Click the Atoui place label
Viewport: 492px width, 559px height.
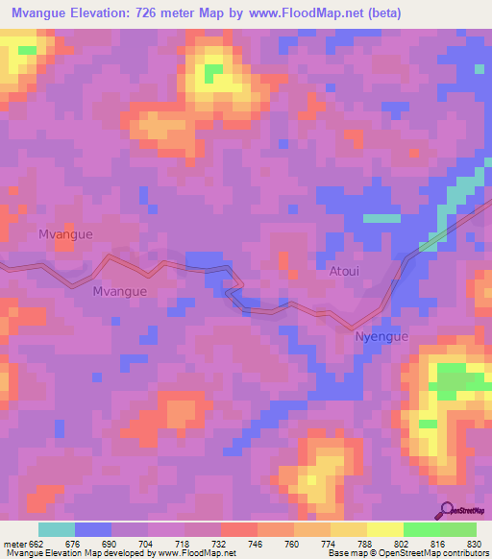344,272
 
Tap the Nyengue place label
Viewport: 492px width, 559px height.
381,337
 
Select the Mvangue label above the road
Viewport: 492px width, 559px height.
65,233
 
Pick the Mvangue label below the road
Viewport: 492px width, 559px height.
120,291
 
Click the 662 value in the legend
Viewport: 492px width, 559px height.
35,545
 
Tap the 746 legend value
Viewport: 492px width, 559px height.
258,545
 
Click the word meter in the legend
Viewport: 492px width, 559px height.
12,545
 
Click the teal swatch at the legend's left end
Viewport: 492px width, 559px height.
56,529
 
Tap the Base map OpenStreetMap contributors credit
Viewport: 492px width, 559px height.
409,553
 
